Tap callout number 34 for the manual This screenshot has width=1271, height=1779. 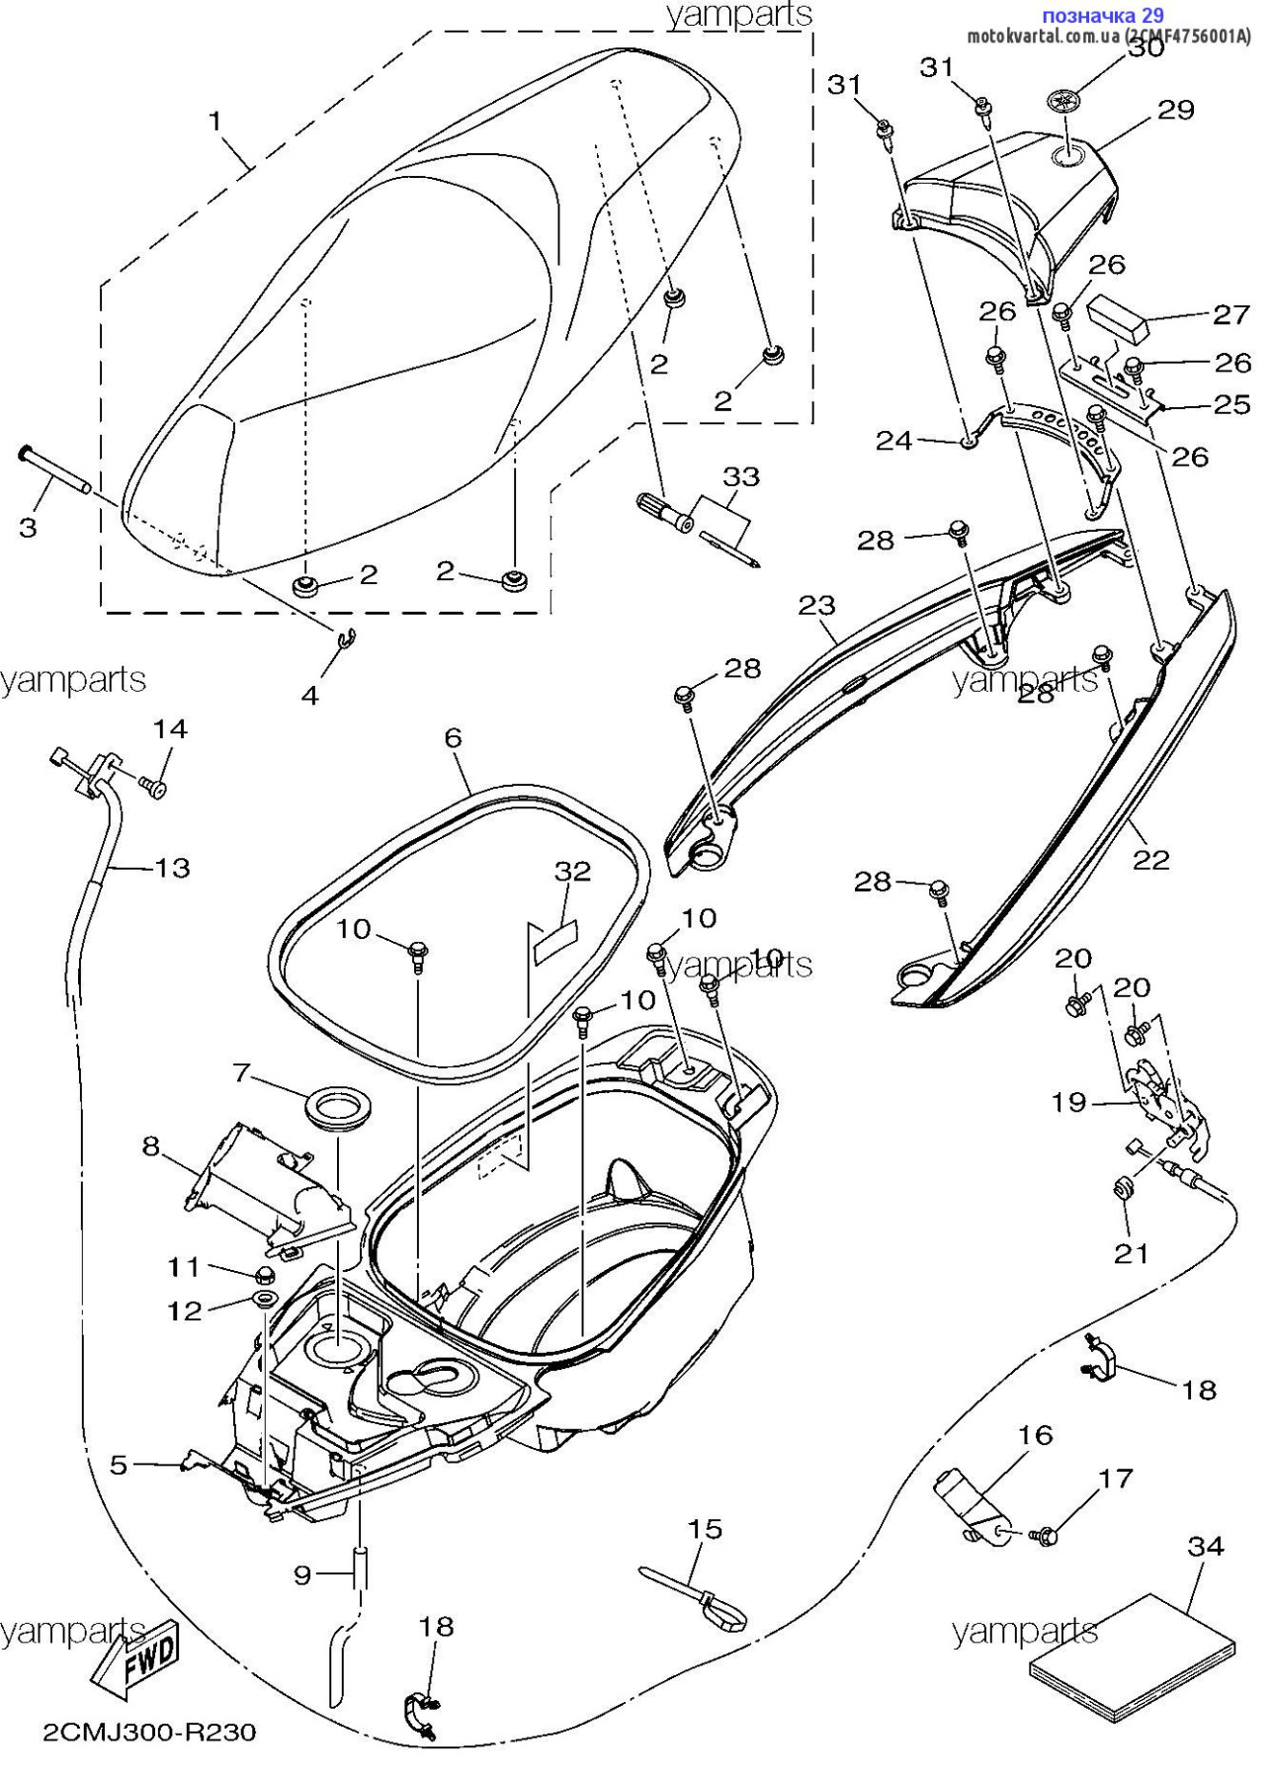[x=1206, y=1546]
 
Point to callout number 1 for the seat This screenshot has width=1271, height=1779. [x=214, y=122]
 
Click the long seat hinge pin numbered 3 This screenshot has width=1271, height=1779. [x=55, y=470]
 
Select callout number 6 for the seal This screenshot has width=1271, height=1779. [x=453, y=737]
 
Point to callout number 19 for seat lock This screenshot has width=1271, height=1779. [x=1069, y=1102]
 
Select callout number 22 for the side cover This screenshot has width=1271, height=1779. [x=1151, y=860]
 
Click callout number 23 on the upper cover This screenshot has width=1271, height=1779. [x=817, y=605]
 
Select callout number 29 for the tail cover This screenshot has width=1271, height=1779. [x=1176, y=110]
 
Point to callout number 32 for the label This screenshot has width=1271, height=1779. [x=572, y=871]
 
